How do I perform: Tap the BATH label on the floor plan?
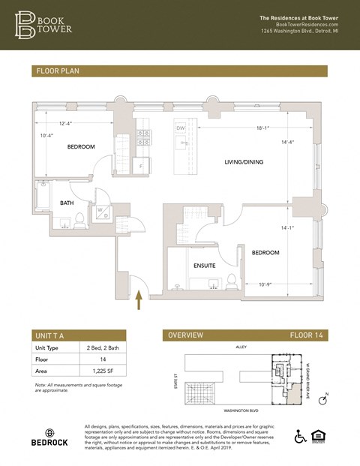67,203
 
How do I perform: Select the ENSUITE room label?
204,266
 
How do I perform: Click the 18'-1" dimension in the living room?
262,128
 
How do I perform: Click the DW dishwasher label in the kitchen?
180,128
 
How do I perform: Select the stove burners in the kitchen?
142,137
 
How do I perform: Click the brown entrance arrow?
138,301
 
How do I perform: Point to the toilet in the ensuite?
232,281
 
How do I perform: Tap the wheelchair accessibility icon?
300,436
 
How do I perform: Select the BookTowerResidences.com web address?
307,25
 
